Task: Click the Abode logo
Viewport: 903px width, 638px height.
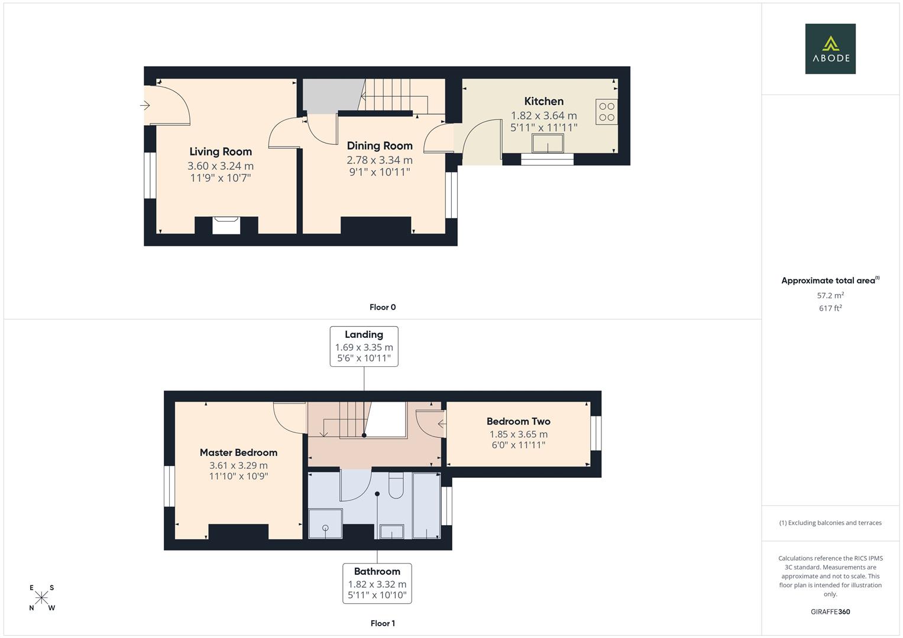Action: (x=830, y=48)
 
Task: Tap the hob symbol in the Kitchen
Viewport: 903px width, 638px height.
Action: (x=607, y=112)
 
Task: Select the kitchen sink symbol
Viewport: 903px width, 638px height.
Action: (x=548, y=143)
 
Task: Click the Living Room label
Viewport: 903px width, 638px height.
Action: (x=221, y=152)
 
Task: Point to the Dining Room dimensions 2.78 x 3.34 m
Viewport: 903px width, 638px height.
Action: (x=380, y=160)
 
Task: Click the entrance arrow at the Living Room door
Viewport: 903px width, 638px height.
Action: (x=145, y=106)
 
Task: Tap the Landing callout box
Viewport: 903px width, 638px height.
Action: (x=364, y=346)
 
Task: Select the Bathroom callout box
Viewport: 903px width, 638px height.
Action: (x=377, y=583)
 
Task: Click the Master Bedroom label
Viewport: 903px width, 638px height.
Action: (x=238, y=453)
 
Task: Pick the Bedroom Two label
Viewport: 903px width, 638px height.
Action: (x=518, y=421)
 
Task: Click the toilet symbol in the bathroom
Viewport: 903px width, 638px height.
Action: (x=396, y=486)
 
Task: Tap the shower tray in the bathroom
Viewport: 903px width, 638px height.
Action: (x=325, y=523)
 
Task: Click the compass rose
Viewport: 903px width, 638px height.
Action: (x=41, y=598)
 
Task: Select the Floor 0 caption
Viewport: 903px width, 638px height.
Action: (x=383, y=307)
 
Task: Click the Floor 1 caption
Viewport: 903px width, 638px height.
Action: (x=383, y=623)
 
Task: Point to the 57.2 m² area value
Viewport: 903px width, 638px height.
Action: (x=830, y=295)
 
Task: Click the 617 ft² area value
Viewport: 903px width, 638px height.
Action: (x=830, y=308)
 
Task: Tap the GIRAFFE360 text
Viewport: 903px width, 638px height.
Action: (x=830, y=611)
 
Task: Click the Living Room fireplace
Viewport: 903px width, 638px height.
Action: (x=226, y=225)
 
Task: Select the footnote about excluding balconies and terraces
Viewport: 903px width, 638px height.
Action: (x=830, y=523)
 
